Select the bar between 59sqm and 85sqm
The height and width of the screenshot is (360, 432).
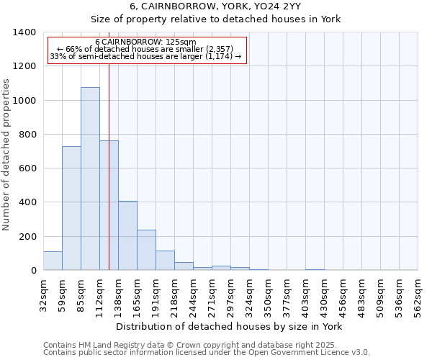tap(71, 208)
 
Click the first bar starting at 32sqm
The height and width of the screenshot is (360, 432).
tap(53, 261)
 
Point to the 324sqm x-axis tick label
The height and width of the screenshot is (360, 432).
tap(249, 295)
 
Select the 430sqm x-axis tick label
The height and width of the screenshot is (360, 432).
tap(324, 295)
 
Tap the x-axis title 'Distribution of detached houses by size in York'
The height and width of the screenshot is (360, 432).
tap(229, 327)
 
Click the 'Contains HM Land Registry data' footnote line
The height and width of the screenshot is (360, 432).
tap(191, 345)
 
